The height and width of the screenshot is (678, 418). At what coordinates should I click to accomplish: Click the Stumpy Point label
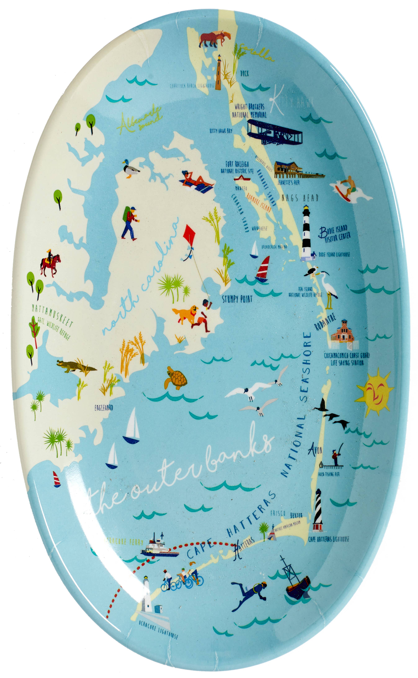[237, 299]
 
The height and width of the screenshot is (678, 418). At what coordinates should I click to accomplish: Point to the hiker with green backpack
[129, 223]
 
